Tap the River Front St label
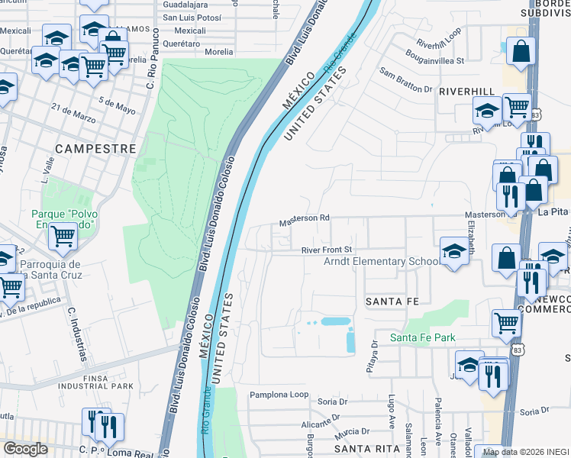(x=326, y=250)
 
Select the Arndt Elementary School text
(x=382, y=262)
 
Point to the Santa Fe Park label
(x=422, y=337)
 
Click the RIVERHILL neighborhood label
(x=467, y=90)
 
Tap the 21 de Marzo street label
(x=74, y=114)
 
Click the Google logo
(x=25, y=449)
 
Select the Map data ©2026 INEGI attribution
(x=526, y=452)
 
